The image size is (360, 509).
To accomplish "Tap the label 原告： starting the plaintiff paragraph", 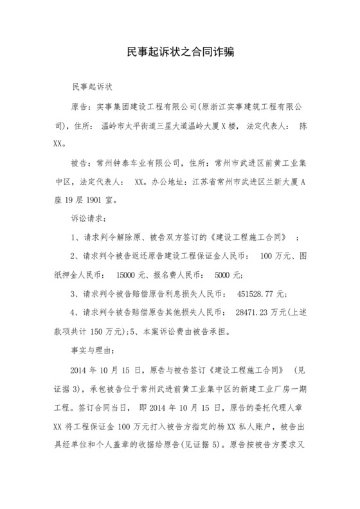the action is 82,105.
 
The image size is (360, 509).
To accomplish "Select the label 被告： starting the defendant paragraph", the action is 82,164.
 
